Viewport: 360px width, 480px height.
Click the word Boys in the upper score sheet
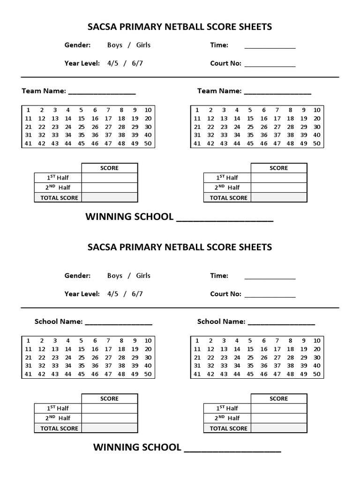tap(115, 45)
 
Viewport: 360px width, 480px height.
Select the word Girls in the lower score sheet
tap(143, 276)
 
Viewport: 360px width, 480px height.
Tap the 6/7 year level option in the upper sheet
tap(137, 63)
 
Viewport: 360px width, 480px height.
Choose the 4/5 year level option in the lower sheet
tap(113, 294)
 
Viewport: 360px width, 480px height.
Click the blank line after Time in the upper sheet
tap(270, 47)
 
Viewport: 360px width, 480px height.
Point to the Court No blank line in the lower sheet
tap(270, 296)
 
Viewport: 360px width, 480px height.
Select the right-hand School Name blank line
tap(281, 323)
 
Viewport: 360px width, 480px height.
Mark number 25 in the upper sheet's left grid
tap(82, 127)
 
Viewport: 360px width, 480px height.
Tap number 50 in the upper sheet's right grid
tap(317, 143)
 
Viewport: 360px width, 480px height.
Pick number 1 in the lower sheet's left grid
tap(28, 341)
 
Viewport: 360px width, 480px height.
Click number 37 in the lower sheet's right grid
tap(277, 366)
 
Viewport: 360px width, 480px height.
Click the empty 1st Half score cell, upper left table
tap(110, 178)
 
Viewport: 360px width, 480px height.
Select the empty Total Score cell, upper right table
tap(279, 197)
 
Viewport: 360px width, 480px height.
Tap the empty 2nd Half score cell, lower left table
tap(110, 418)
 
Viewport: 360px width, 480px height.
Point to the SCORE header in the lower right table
tap(279, 398)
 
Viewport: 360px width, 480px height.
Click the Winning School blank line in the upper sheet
tap(225, 219)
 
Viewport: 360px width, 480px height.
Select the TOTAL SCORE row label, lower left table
tap(59, 428)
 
